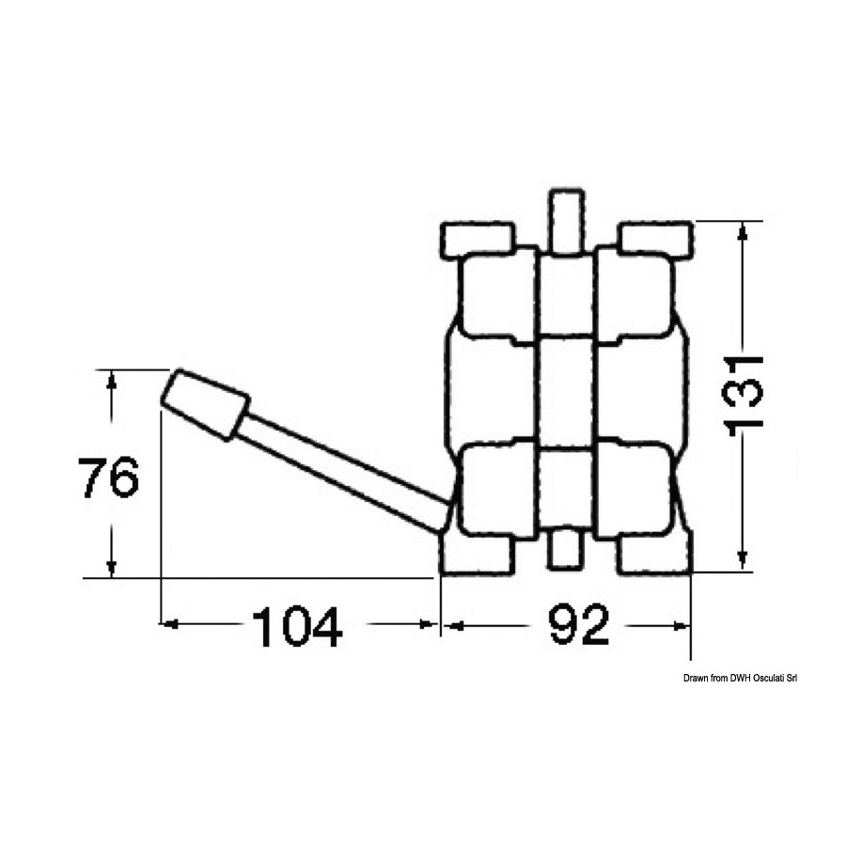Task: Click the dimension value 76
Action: click(108, 477)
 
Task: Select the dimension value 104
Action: click(297, 626)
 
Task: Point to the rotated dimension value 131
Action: click(744, 391)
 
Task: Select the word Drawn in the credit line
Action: click(695, 678)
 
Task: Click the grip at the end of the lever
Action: click(206, 404)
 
